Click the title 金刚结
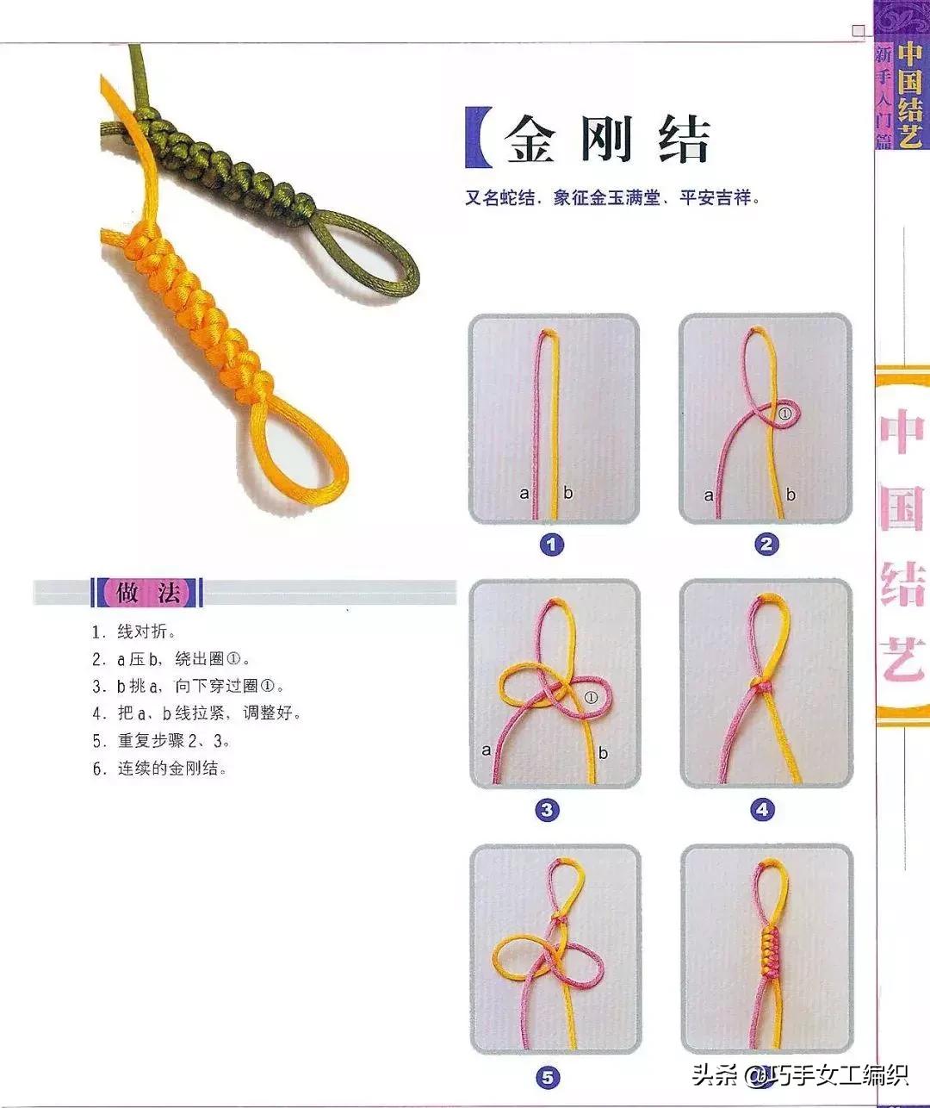[607, 140]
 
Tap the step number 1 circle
[551, 545]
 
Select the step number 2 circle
[766, 545]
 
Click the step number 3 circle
[548, 810]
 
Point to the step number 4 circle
[762, 810]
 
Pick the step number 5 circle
[548, 1077]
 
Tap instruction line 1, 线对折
[133, 632]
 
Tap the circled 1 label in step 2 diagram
[784, 414]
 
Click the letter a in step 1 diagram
[524, 494]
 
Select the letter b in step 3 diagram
[603, 752]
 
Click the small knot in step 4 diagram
[760, 686]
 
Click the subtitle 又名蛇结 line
[612, 198]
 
